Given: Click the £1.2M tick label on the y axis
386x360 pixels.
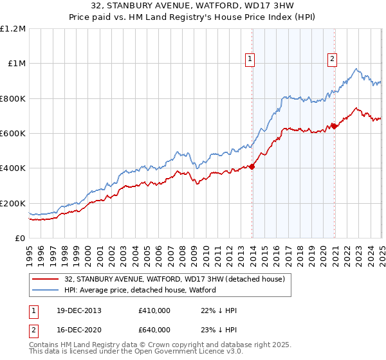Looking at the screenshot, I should click(x=13, y=28).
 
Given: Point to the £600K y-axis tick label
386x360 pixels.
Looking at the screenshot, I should click(x=13, y=134).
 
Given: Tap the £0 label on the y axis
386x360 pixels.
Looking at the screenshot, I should click(x=21, y=239).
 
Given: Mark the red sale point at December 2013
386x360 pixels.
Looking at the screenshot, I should click(x=252, y=166).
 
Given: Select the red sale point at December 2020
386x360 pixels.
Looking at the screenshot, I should click(x=334, y=126).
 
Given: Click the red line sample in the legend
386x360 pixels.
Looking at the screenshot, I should click(x=46, y=279).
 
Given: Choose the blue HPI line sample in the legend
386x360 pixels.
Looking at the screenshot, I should click(x=46, y=290).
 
